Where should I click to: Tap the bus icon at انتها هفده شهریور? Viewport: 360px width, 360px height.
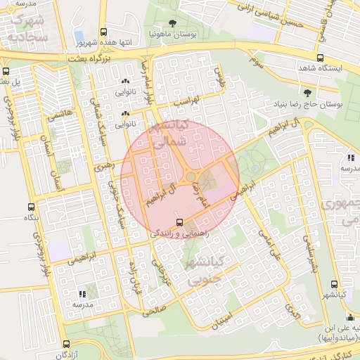104,32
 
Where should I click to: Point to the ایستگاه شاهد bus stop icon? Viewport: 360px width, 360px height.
321,58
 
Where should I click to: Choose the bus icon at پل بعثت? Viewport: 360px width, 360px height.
6,71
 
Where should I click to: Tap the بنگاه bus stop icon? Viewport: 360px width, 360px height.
30,207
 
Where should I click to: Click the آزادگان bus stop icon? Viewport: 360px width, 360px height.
66,344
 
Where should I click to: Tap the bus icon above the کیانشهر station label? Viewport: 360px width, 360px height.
333,285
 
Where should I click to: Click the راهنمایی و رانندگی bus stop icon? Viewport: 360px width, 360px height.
179,222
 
